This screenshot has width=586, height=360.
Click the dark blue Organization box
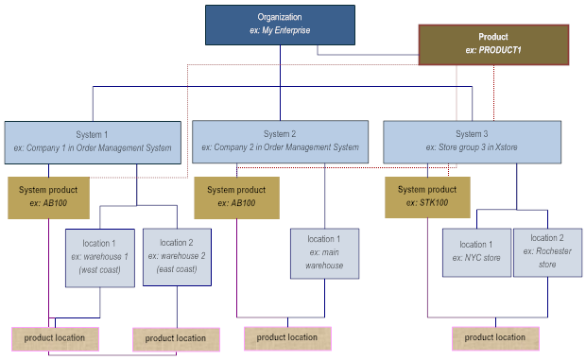(280, 25)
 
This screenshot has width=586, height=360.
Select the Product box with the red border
(493, 44)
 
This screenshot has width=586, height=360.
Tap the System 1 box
(92, 141)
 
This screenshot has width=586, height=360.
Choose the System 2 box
(280, 141)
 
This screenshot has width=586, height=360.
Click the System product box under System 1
(49, 197)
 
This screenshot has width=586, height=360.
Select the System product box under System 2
(236, 197)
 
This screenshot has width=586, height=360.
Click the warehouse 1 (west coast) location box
(99, 256)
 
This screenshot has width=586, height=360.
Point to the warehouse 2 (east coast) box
(175, 256)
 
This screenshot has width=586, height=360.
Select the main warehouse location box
(324, 252)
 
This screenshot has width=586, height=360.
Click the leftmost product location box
(55, 337)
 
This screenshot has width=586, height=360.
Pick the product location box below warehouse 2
(176, 338)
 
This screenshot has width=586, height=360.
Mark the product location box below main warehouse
(287, 337)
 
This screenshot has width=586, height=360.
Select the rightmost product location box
(495, 337)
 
